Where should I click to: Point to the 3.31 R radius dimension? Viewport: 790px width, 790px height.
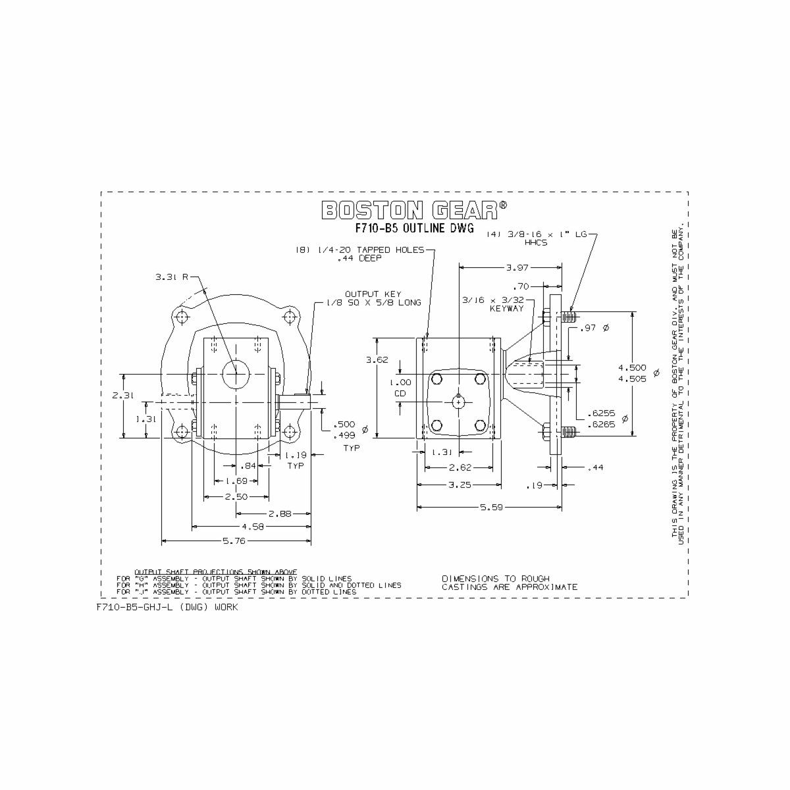pyautogui.click(x=171, y=277)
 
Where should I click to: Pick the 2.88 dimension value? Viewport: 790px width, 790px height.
pyautogui.click(x=280, y=513)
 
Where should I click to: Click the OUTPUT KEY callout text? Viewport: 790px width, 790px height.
pyautogui.click(x=373, y=294)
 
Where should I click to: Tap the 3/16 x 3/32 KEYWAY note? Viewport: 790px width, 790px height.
pyautogui.click(x=502, y=303)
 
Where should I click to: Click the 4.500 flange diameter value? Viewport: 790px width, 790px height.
pyautogui.click(x=633, y=367)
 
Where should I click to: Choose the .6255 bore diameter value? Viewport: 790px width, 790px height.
pyautogui.click(x=600, y=413)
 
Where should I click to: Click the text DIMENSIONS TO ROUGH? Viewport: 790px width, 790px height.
pyautogui.click(x=495, y=578)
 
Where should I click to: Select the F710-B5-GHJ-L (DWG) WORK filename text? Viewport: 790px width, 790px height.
pyautogui.click(x=167, y=607)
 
